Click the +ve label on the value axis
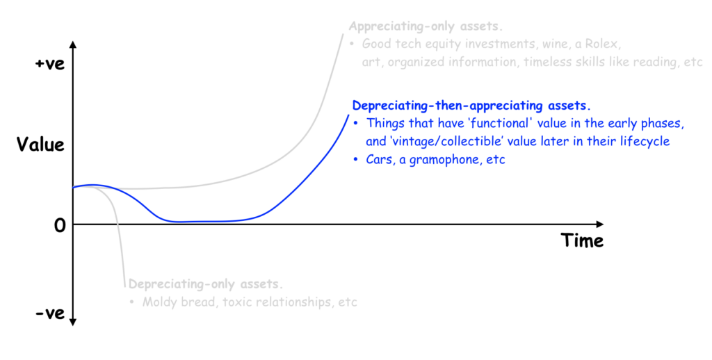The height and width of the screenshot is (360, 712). click(50, 63)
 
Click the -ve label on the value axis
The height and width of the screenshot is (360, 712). click(50, 313)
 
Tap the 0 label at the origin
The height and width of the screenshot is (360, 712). click(60, 225)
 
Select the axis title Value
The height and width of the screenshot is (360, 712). click(40, 145)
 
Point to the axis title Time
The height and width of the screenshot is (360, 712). click(582, 240)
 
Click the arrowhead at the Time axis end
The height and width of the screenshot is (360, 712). click(600, 224)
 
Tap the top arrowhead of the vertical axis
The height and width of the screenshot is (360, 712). click(73, 44)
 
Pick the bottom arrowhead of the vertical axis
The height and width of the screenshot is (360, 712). click(73, 322)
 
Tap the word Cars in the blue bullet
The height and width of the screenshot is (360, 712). click(380, 160)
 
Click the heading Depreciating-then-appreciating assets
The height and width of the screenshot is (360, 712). click(472, 106)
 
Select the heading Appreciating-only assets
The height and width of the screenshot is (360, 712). click(426, 26)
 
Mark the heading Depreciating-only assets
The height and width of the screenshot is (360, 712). click(206, 284)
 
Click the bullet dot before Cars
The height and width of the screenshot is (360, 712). click(355, 160)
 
